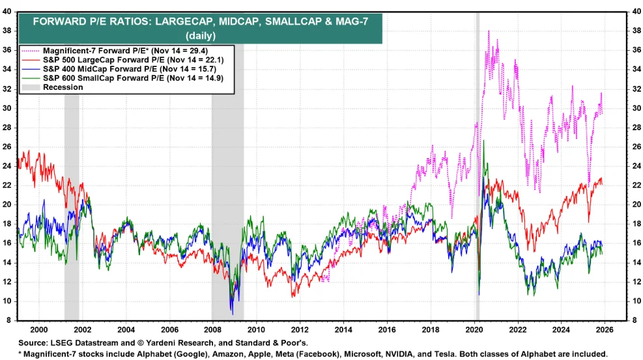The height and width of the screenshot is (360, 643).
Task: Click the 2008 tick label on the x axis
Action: tap(213, 330)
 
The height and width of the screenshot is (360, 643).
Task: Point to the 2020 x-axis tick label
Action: tap(474, 330)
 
